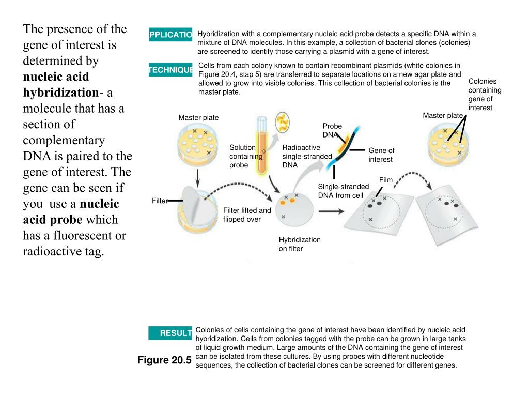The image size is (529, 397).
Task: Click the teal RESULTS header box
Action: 170,333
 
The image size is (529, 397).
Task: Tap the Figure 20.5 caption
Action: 164,360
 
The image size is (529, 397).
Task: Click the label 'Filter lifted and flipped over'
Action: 247,215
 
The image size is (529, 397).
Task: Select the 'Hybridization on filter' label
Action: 300,244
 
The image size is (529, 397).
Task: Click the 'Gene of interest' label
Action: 381,155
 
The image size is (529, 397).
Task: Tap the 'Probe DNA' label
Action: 332,130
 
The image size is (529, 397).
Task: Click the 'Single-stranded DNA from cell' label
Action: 343,191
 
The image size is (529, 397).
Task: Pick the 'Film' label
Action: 386,180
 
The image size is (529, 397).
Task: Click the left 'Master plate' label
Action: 198,118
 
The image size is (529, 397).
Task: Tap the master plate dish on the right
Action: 447,145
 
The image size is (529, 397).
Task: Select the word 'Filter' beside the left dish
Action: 160,201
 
